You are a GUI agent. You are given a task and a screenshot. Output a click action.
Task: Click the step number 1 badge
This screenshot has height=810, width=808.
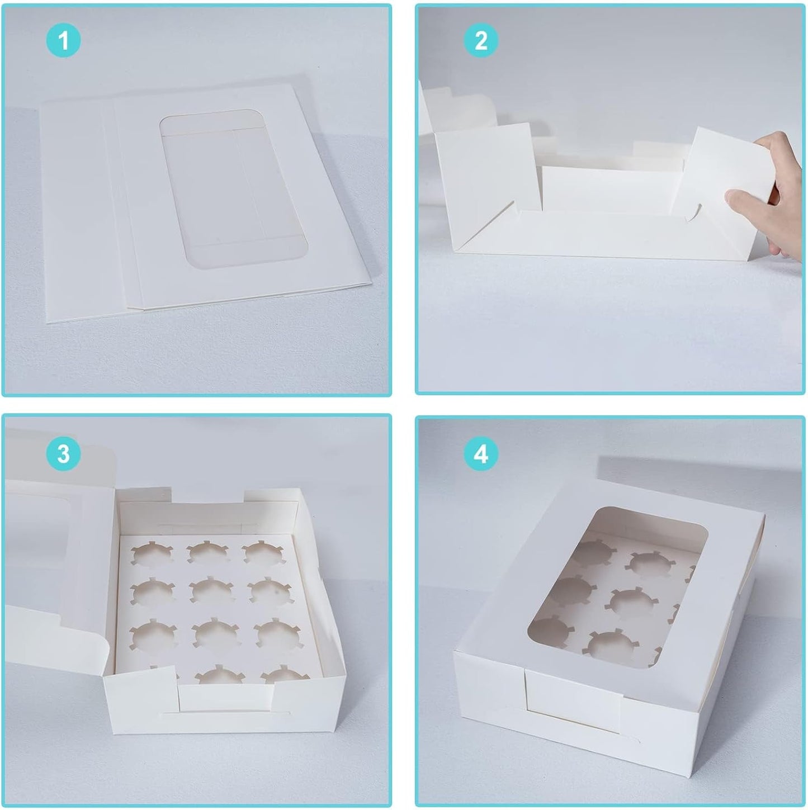63,40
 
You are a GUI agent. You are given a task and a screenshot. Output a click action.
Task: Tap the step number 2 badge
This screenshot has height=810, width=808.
481,40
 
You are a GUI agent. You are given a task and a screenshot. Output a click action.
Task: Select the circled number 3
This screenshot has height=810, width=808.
63,453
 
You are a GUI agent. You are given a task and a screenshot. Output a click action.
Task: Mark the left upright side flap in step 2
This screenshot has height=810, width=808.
481,168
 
